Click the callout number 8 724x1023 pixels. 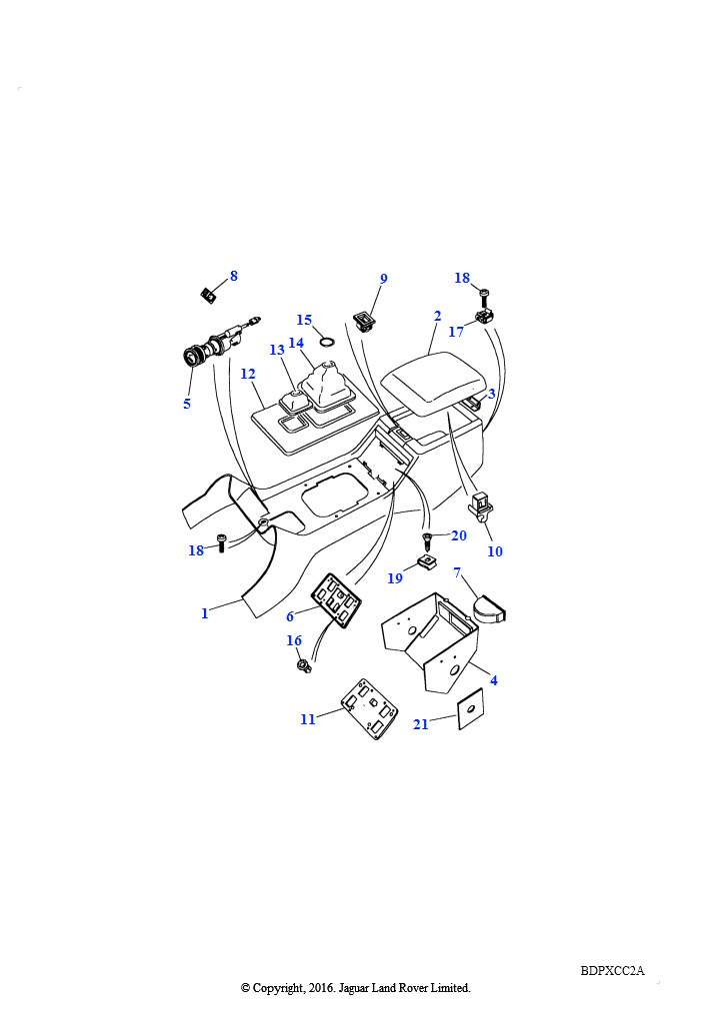pos(234,276)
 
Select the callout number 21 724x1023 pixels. pos(421,724)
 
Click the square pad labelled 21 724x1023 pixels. pos(471,708)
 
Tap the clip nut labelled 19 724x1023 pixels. pos(427,561)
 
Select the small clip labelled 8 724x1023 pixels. pos(208,295)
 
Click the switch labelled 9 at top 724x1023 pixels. pos(364,321)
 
